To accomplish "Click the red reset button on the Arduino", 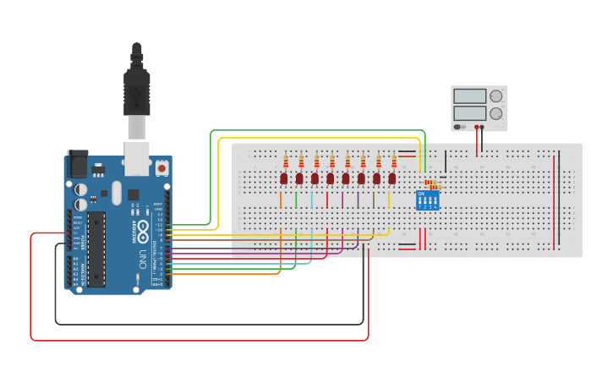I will (161, 167).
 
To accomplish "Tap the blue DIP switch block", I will (427, 200).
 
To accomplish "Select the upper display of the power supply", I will (469, 96).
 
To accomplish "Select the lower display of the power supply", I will (469, 112).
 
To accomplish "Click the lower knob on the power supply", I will (495, 112).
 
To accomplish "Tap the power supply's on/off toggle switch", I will (458, 127).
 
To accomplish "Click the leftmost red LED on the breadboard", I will (284, 178).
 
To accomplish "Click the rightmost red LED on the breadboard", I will (392, 178).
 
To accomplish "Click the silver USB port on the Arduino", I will (137, 157).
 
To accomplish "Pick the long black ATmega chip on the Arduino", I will (96, 249).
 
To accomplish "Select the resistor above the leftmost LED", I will (286, 161).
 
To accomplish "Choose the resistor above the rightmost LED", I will (394, 161).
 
